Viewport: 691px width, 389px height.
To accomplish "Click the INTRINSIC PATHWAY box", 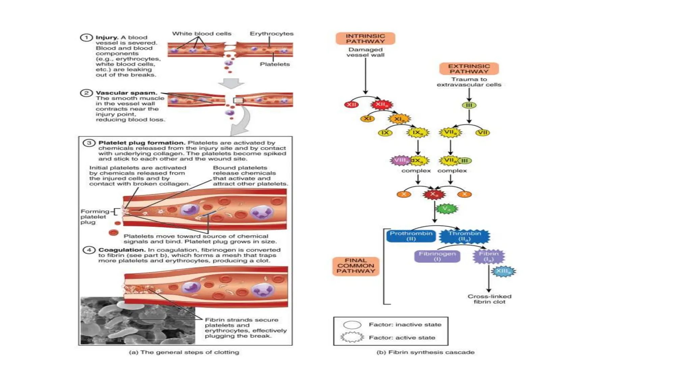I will point(365,38).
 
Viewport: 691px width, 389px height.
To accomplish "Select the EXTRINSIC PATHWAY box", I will point(469,69).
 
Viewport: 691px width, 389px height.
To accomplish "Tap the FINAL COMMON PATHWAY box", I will point(356,266).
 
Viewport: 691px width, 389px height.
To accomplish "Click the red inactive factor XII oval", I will point(351,105).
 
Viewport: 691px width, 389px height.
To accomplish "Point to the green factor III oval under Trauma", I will point(469,105).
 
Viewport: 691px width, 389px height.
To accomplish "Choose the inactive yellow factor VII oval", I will point(482,132).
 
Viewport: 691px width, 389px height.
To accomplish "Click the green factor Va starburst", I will point(446,209).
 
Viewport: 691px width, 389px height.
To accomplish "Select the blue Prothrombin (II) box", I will point(411,236).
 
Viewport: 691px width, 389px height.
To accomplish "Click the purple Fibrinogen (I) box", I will point(437,256).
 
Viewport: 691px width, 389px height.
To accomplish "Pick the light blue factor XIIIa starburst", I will point(503,271).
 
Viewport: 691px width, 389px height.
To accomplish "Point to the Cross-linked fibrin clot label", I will point(489,299).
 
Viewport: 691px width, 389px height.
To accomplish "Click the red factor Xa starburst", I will point(434,194).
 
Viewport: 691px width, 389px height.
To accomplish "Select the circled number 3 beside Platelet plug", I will point(89,143).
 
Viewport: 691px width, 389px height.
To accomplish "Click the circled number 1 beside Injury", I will point(86,37).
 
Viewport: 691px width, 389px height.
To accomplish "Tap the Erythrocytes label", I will point(271,34).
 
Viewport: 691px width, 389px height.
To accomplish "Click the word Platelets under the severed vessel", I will point(275,64).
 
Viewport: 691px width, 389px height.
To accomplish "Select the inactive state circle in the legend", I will point(352,325).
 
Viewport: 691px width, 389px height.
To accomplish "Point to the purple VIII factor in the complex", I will point(400,160).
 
